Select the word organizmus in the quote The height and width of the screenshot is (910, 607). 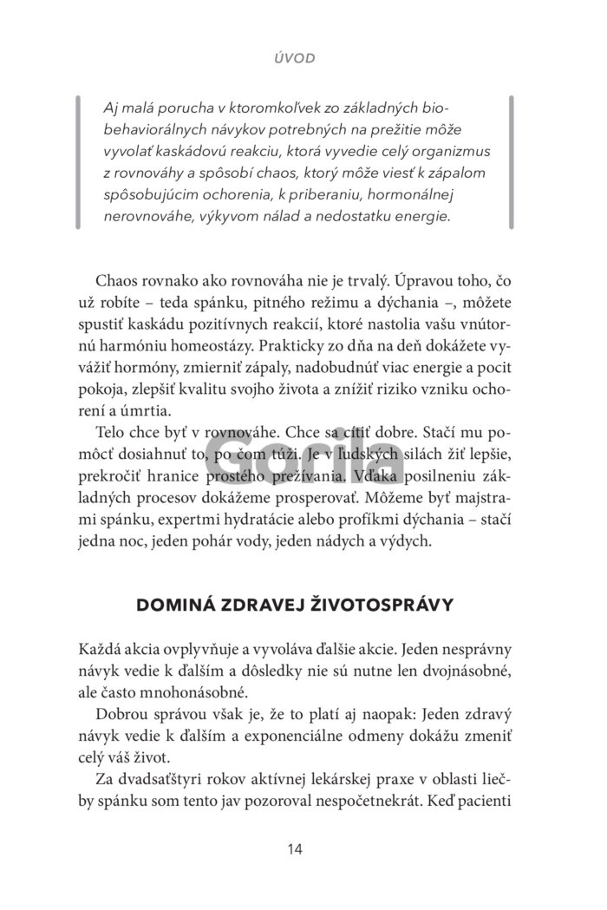pos(452,151)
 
